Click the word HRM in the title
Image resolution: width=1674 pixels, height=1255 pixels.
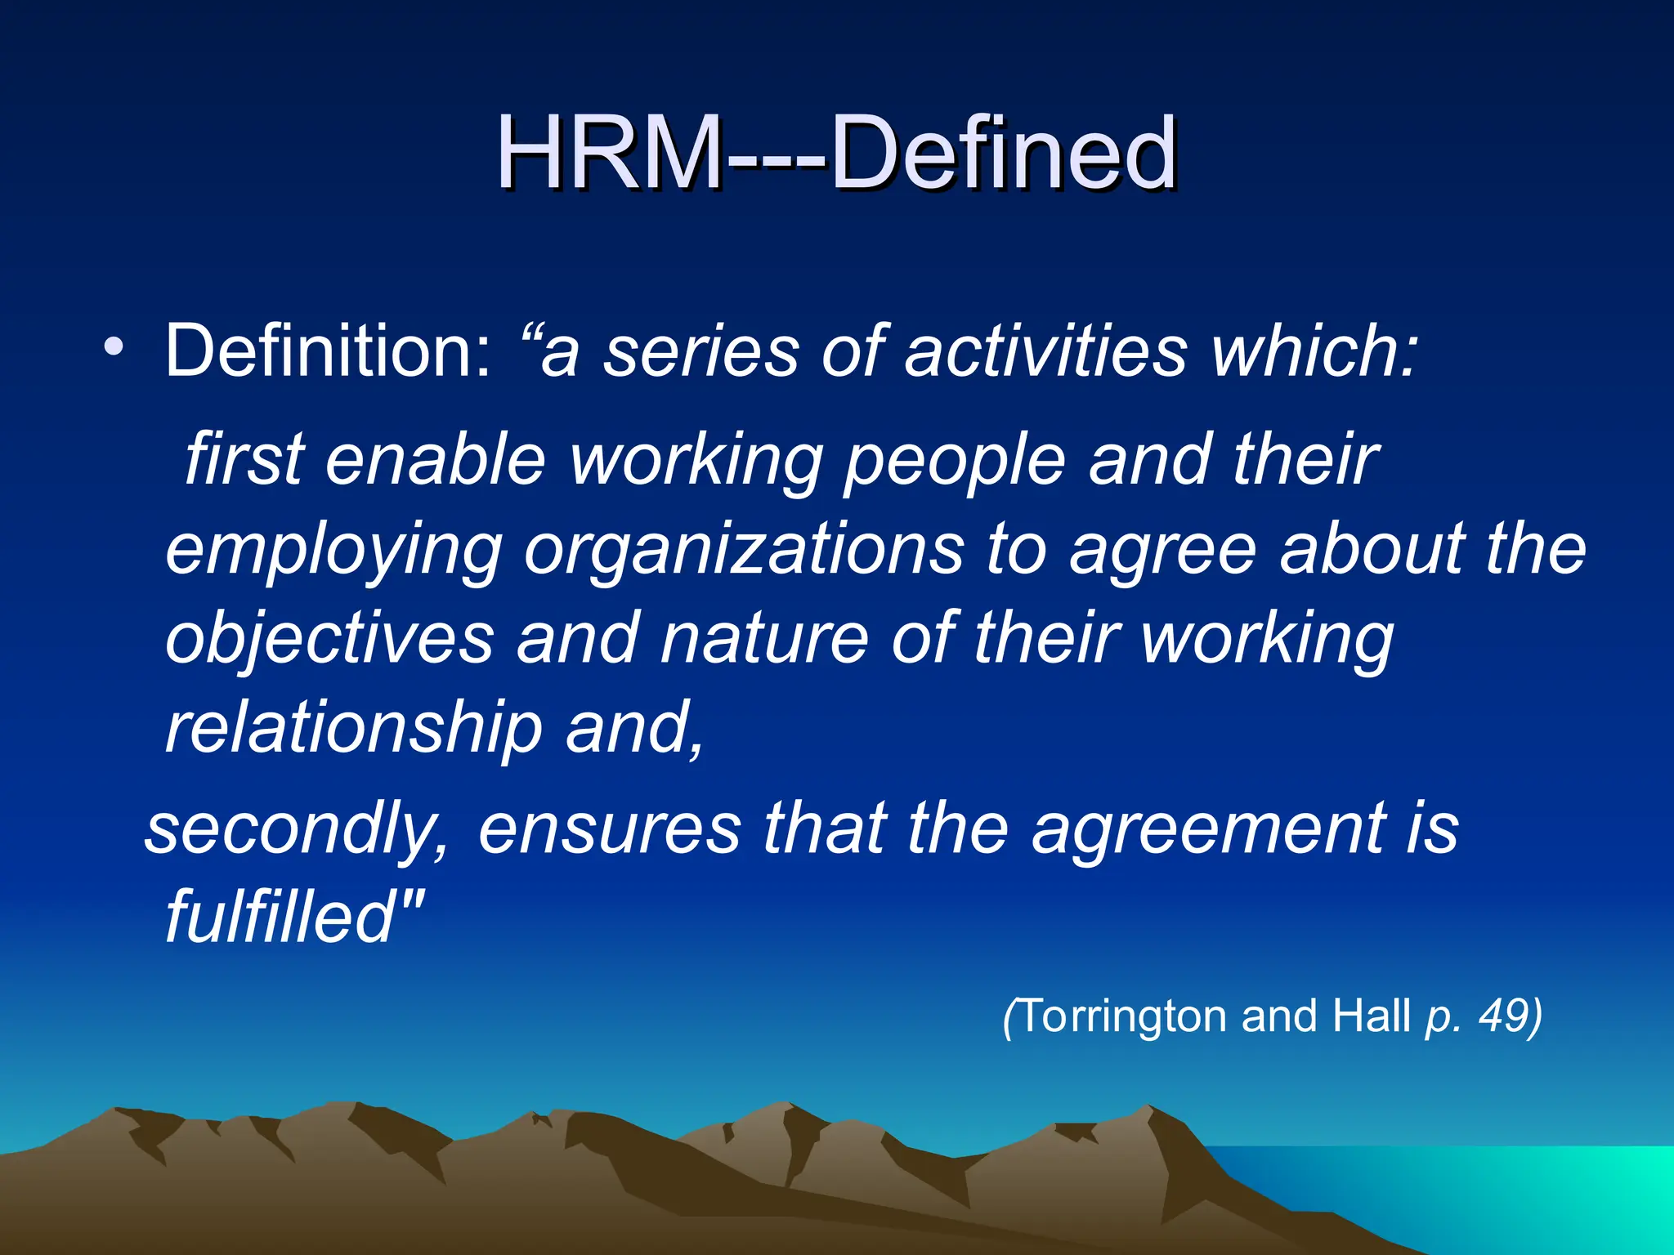609,153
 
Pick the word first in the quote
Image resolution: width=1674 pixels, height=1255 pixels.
245,459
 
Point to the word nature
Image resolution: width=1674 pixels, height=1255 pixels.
764,639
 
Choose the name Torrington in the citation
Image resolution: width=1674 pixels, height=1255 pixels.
1124,1017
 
